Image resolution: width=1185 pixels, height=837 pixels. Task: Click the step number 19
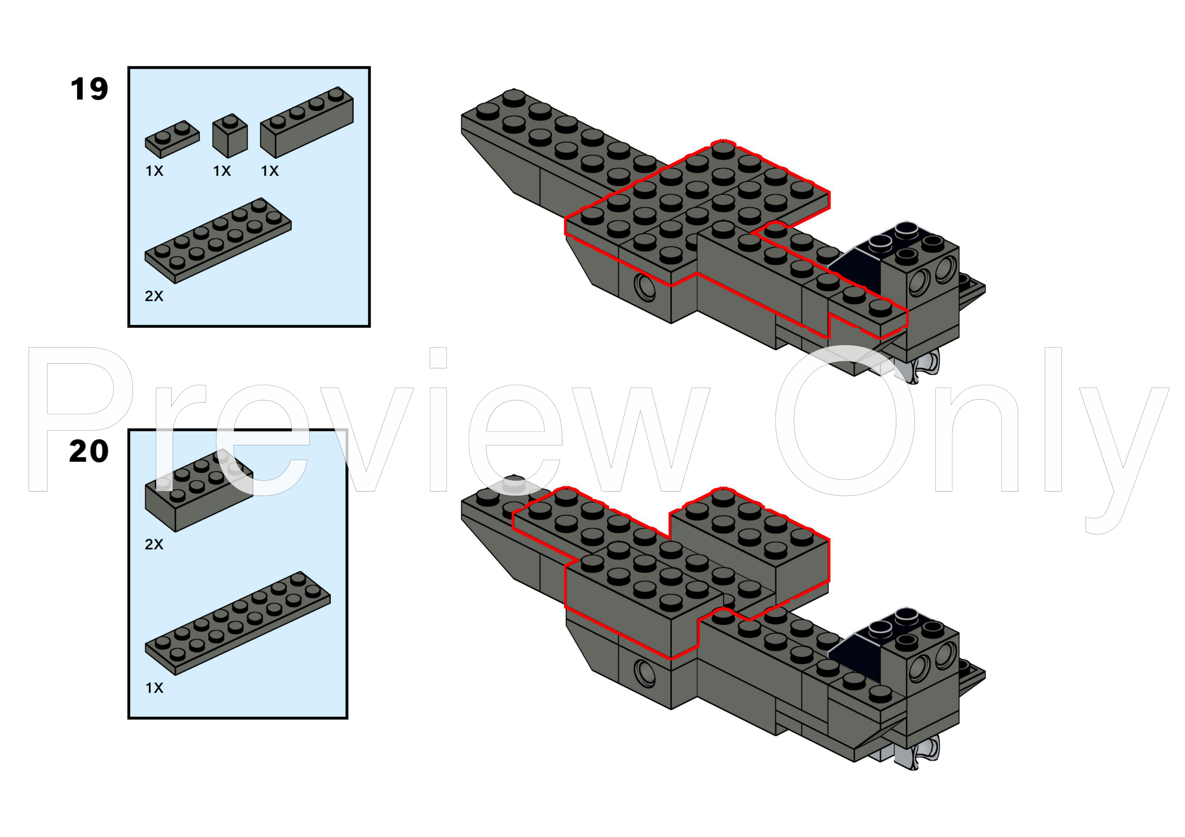[x=89, y=89]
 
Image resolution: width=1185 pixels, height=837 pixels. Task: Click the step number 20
[x=89, y=452]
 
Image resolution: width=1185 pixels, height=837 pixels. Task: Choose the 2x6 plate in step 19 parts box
[x=218, y=241]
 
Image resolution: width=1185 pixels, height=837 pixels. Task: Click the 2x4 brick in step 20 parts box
[x=199, y=491]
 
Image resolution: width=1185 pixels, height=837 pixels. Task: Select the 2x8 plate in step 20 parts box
[x=237, y=624]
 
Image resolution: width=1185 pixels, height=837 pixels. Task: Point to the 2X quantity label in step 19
[x=154, y=296]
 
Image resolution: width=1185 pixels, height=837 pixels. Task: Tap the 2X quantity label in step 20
[x=154, y=544]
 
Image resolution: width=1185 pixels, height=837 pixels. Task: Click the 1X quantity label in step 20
[x=154, y=688]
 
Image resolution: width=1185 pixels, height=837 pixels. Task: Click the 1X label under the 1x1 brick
[x=222, y=171]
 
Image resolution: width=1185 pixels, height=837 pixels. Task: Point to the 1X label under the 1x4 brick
[x=270, y=171]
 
